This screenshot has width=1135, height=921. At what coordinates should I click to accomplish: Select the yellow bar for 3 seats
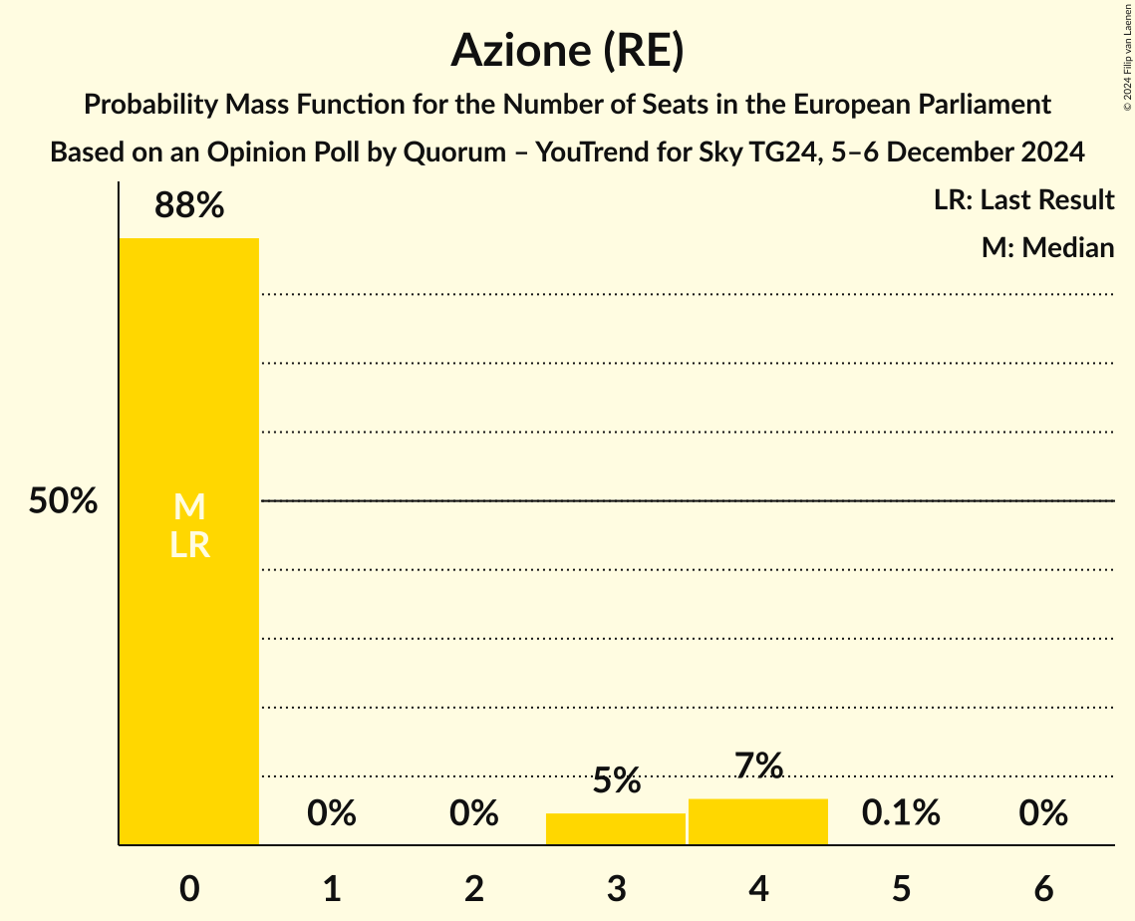point(616,829)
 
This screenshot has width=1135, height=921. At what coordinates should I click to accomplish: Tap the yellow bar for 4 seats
point(758,821)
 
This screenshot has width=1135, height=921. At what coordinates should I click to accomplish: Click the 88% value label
point(188,206)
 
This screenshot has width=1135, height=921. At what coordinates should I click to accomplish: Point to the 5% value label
point(616,780)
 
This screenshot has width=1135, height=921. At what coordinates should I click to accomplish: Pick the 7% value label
point(758,766)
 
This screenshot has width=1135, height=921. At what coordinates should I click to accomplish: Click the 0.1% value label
point(901,813)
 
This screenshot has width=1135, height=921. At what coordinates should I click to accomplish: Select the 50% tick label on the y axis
point(63,501)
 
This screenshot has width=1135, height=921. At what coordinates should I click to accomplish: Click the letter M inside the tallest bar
point(188,507)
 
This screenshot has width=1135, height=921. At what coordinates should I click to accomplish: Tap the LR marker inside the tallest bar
point(188,545)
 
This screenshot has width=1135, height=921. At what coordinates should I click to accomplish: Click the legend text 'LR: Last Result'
point(1023,200)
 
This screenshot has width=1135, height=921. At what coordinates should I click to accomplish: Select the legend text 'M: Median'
point(1047,247)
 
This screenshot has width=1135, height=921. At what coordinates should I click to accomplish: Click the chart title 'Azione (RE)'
point(567,50)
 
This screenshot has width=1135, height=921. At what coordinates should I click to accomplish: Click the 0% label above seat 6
point(1043,813)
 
